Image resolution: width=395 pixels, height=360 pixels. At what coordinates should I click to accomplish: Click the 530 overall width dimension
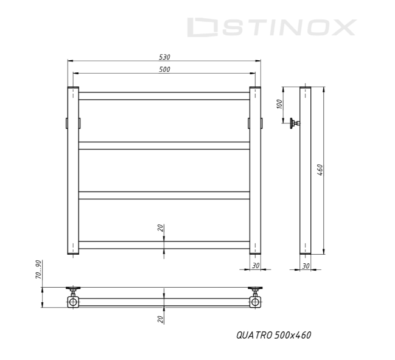tap(164, 57)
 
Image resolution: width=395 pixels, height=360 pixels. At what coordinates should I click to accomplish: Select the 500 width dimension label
tap(164, 69)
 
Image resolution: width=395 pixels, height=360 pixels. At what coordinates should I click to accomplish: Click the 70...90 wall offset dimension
tap(38, 270)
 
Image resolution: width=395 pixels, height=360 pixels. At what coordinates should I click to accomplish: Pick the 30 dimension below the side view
tap(306, 266)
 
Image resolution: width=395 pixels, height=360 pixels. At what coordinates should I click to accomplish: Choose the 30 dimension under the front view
tap(256, 266)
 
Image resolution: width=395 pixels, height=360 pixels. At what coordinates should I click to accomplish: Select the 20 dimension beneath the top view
tap(160, 319)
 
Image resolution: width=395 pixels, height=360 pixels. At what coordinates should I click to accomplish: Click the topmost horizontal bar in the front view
tap(164, 95)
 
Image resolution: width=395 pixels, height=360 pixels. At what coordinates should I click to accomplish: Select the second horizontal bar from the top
tap(164, 145)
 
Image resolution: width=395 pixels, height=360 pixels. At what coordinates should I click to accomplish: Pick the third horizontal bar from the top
tap(164, 195)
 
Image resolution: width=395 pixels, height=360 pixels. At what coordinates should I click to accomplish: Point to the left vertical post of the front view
tap(73, 171)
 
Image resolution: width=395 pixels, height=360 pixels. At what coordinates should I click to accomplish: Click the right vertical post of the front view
tap(256, 171)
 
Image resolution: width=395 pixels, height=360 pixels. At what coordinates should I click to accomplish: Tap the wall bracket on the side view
tap(295, 123)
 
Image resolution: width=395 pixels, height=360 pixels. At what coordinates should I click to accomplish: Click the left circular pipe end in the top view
tap(73, 302)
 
